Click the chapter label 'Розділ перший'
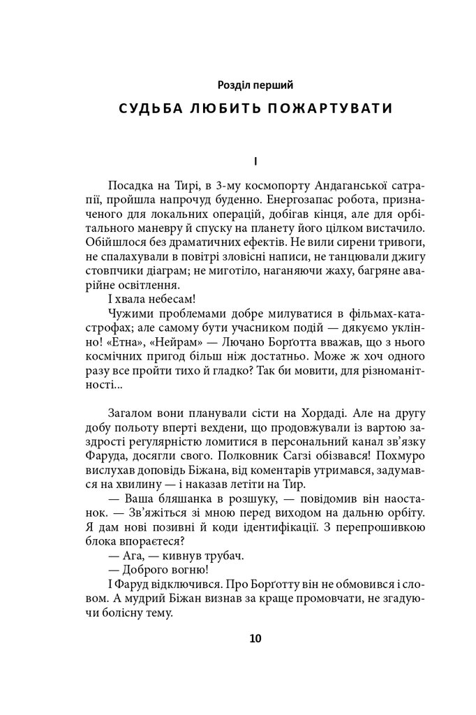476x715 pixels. point(255,85)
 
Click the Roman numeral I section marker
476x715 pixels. point(255,161)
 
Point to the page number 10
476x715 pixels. point(255,637)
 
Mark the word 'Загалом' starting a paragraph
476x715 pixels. point(132,413)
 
